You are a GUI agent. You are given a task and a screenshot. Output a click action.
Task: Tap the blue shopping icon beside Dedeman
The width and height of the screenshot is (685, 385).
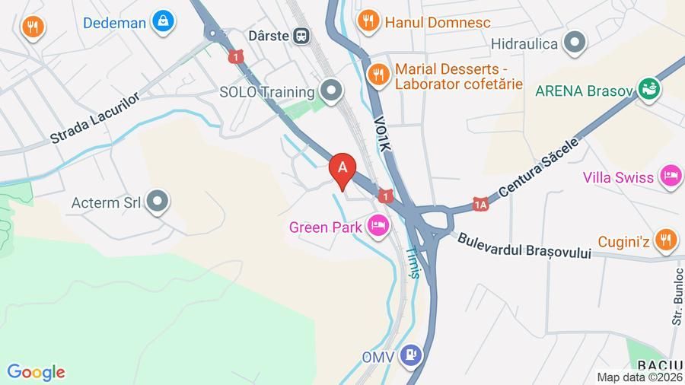pos(163,22)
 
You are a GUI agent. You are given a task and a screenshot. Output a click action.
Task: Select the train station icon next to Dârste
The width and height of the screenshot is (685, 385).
pos(302,35)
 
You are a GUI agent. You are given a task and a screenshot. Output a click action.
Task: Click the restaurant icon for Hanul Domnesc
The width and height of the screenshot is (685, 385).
pos(368,22)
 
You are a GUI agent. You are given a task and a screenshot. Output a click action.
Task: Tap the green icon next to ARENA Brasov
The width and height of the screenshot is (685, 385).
pos(649,91)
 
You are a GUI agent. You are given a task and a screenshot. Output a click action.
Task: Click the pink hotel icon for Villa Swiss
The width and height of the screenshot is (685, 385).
pos(670,177)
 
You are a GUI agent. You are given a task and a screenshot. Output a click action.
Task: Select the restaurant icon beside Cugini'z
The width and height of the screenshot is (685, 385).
pos(665,240)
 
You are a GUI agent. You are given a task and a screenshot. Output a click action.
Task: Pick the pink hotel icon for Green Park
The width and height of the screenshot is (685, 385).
pos(377,226)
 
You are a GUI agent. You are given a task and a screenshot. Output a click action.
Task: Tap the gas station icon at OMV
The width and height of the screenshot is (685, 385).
pos(412,354)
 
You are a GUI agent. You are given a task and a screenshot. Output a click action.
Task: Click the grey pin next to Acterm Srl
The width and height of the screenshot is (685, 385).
pos(158,202)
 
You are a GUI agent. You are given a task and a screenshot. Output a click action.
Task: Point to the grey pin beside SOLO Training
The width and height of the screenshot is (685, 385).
pos(330,91)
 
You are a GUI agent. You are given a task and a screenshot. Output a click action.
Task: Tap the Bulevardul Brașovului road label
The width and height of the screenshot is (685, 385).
pos(524,247)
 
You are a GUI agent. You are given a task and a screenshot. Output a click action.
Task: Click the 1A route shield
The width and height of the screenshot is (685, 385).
pos(479,204)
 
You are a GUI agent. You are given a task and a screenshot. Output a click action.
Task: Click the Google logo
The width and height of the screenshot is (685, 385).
pos(36,372)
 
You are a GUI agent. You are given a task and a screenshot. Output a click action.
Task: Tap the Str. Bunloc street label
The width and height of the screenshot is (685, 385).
pos(676,297)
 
